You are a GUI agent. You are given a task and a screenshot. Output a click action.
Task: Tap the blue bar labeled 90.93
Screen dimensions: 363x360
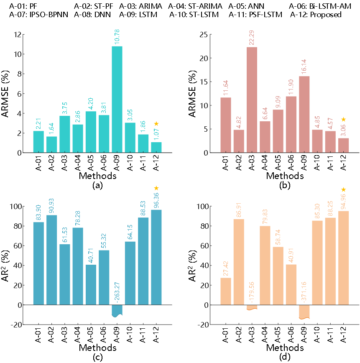point(52,260)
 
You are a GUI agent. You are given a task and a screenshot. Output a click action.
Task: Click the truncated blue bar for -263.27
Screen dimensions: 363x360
point(117,310)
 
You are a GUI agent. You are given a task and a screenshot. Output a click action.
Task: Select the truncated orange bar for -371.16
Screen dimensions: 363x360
point(304,312)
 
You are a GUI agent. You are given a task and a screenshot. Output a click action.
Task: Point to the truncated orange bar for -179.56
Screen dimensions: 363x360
point(252,307)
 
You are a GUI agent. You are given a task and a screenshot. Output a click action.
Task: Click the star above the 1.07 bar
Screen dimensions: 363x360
point(156,124)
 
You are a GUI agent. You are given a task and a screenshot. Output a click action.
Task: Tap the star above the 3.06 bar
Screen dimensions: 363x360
point(344,120)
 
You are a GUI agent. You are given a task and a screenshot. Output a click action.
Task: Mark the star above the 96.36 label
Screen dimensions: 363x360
point(156,188)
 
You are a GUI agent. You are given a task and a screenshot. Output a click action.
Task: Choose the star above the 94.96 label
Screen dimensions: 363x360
point(344,189)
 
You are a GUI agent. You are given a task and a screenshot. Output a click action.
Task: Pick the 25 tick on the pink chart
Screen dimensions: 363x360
point(204,34)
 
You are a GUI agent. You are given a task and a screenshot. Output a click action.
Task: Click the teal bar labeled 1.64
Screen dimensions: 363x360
point(52,144)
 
